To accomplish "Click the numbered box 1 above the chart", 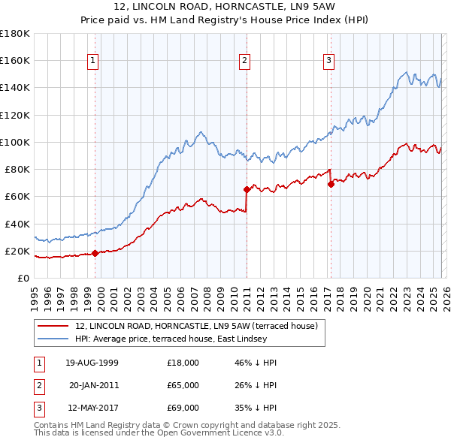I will [92, 62].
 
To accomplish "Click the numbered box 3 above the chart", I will [329, 62].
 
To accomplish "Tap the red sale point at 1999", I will [95, 254].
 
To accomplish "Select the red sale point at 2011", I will [247, 189].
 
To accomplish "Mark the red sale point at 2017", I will [331, 184].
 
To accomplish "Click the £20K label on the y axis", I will [17, 251].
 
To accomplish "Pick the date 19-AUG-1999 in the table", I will [92, 363].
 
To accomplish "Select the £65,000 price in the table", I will [183, 385].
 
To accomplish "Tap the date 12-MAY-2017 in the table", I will [92, 408].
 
